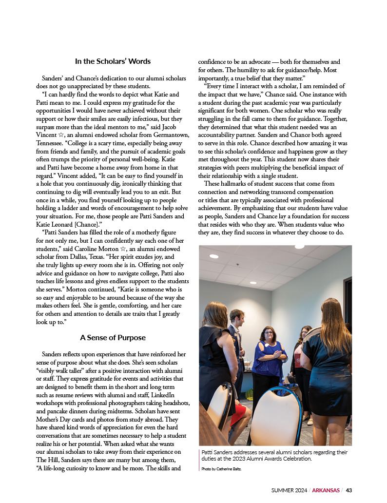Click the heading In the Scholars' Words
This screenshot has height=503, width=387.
pyautogui.click(x=113, y=61)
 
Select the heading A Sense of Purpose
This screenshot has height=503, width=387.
pyautogui.click(x=113, y=337)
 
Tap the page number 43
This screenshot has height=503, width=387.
pyautogui.click(x=349, y=490)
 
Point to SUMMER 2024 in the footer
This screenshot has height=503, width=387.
pyautogui.click(x=290, y=490)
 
